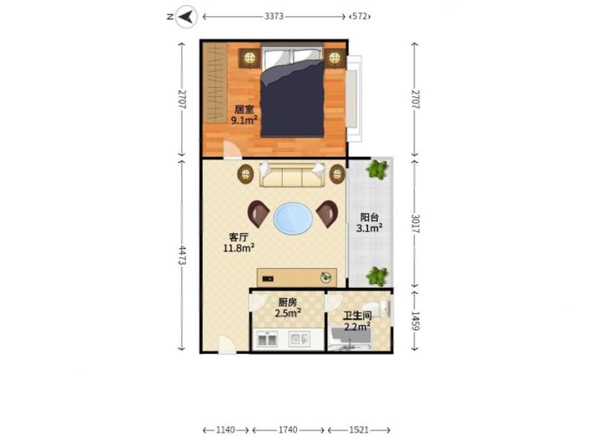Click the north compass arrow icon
tap(187, 16)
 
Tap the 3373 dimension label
tap(274, 16)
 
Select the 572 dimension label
tap(359, 16)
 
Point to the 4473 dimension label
tap(182, 255)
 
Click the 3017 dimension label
tap(415, 224)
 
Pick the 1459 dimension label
tap(415, 321)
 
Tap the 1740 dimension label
tap(288, 430)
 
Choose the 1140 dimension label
tap(226, 430)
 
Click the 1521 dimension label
tap(359, 430)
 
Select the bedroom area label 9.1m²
tap(245, 120)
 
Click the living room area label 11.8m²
tap(239, 248)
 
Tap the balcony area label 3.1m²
tap(369, 227)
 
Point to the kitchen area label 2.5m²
tap(288, 313)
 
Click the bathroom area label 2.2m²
tap(357, 326)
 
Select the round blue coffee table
tap(293, 219)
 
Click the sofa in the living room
tap(292, 175)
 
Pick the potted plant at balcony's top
tap(378, 169)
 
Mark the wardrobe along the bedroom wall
tap(215, 83)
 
